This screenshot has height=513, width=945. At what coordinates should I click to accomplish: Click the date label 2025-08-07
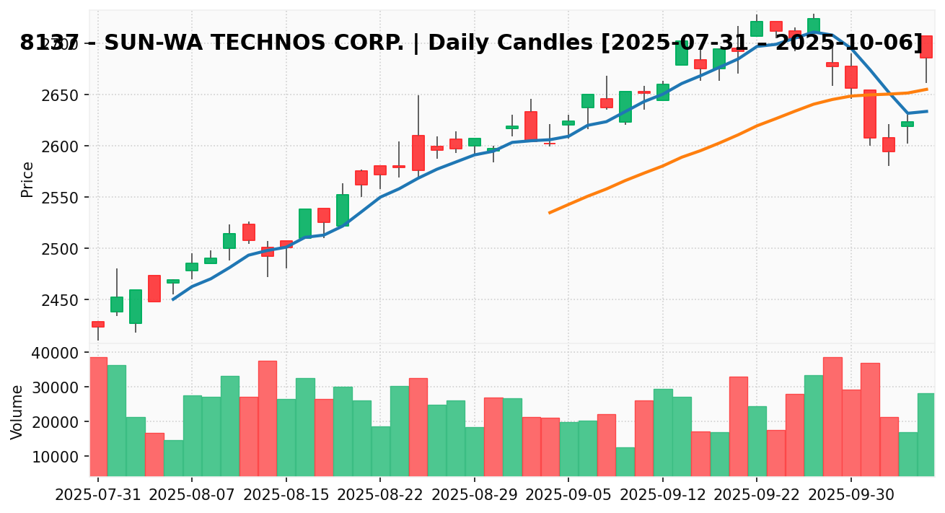192,496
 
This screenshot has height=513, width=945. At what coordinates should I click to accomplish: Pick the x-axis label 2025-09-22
757,496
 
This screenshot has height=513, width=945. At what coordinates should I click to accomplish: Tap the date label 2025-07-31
97,496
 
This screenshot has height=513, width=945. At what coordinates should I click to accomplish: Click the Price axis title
27,179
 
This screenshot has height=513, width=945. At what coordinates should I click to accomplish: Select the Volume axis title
17,411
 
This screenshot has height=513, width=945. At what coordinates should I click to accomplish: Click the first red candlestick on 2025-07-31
97,324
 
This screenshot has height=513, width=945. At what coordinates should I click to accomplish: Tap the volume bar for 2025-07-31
97,416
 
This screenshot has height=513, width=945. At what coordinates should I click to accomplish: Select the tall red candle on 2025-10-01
869,114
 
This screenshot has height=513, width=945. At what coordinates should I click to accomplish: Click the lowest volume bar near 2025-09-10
625,462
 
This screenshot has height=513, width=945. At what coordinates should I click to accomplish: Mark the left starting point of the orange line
550,213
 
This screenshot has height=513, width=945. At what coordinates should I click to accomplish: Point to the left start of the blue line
172,299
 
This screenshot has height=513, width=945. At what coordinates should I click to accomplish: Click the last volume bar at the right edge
926,434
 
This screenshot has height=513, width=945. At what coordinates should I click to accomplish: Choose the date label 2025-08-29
475,496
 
